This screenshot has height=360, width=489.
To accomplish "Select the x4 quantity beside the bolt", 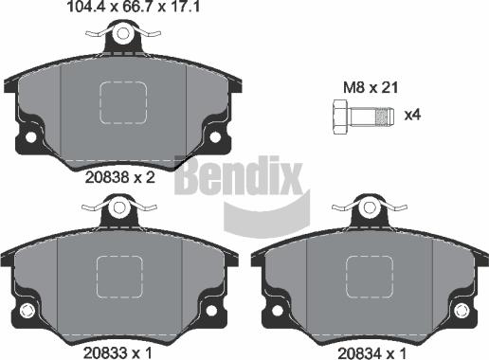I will click(412, 116).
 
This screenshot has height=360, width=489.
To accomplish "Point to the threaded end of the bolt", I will click(382, 116).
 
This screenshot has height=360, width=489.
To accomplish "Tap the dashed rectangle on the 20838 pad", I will click(123, 103).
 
